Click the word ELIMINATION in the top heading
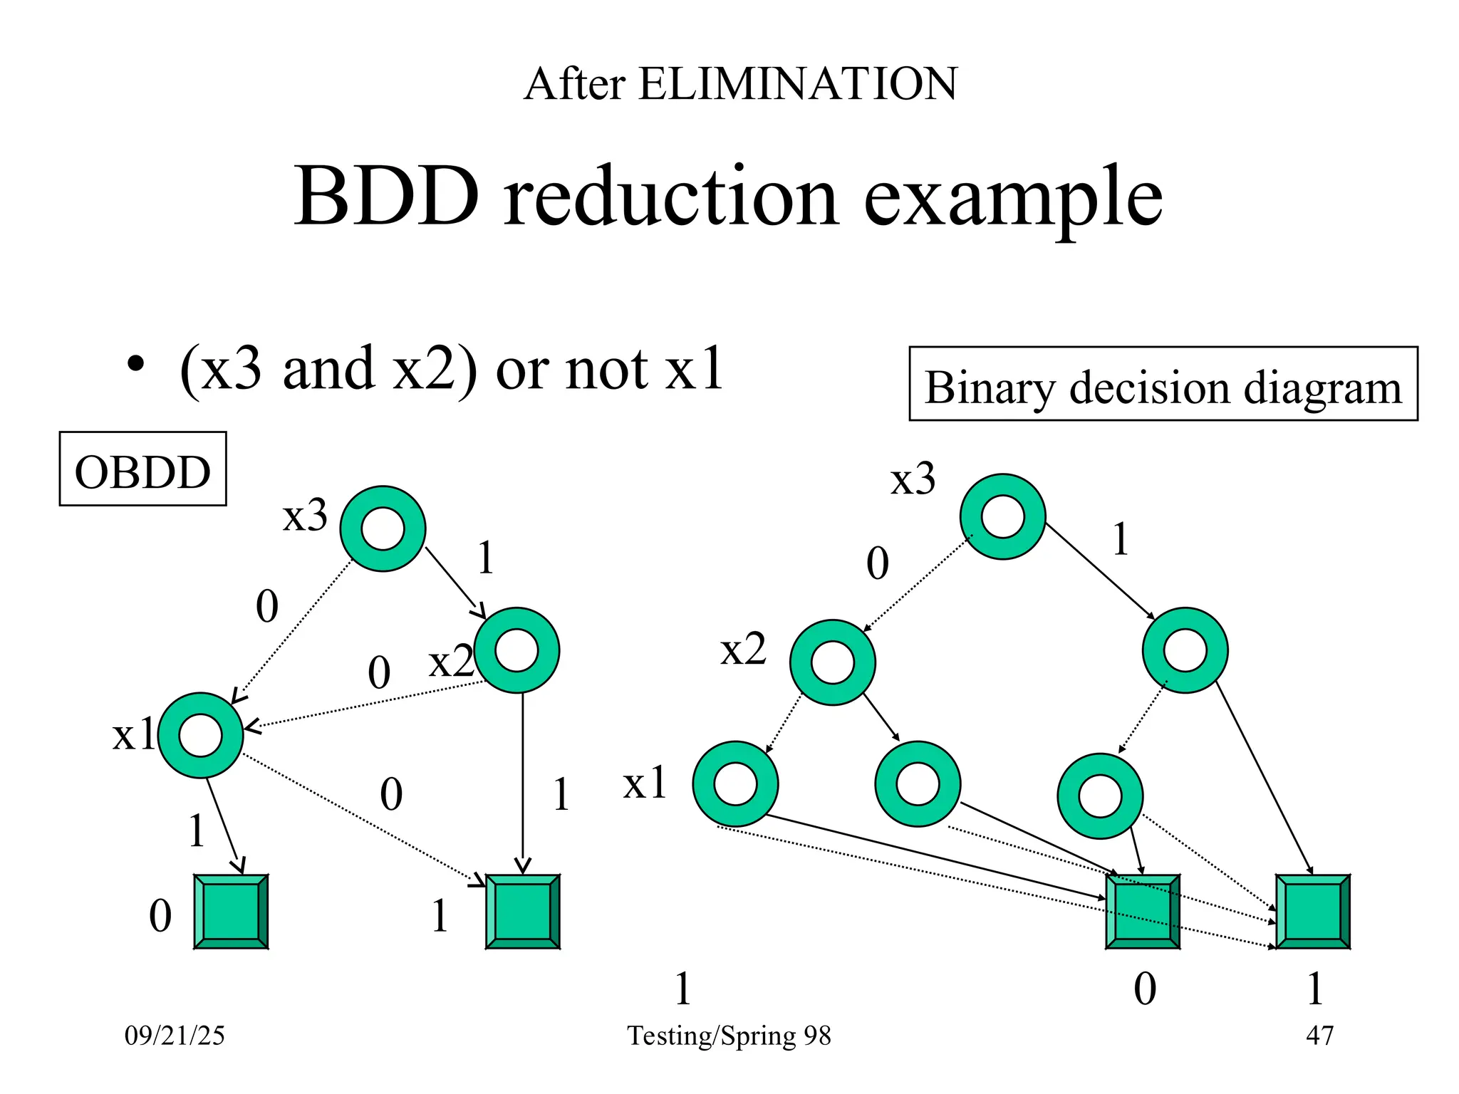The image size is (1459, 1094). pos(798,84)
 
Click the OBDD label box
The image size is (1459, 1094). pos(142,469)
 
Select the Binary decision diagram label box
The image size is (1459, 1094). pos(1163,385)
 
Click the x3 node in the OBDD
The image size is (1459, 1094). pos(383,528)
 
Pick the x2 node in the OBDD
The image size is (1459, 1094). pos(516,650)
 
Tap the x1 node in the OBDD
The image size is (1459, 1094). pos(201,735)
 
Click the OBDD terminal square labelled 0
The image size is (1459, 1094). pos(231,912)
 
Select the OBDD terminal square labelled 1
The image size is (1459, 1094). pos(522,912)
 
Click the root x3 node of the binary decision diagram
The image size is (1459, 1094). pos(1002,516)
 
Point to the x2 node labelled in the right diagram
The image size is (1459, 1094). pos(832,662)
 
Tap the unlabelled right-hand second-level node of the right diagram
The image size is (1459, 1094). pos(1185,650)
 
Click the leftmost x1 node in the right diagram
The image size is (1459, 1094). pos(735,783)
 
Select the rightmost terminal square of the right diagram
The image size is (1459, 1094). pos(1313,912)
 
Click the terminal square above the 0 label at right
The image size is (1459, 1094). pos(1142,912)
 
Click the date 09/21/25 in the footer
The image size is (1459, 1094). pos(175,1035)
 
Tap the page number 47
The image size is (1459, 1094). pos(1319,1035)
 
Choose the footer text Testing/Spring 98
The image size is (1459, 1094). pos(729,1035)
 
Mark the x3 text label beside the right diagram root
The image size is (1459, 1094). pos(913,479)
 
